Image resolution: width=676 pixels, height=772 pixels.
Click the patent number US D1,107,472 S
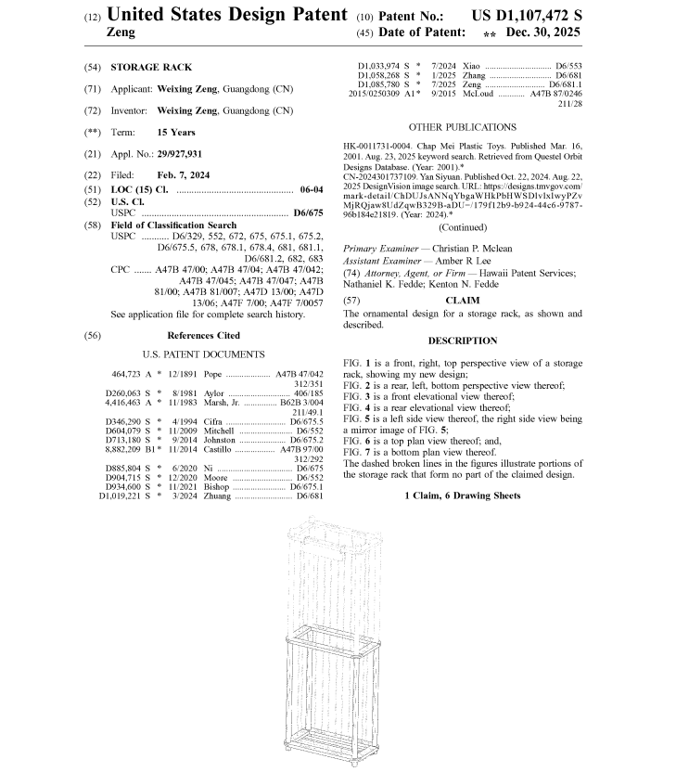(527, 17)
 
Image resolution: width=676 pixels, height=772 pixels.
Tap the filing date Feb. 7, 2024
(183, 174)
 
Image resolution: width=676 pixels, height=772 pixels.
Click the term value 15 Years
(176, 132)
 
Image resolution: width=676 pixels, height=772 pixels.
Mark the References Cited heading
(203, 335)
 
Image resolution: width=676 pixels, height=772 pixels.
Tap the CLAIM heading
(462, 301)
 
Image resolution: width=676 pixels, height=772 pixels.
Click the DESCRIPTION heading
(463, 341)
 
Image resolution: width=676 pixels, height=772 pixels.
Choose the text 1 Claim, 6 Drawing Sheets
(463, 496)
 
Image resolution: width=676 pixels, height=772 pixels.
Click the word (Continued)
(463, 226)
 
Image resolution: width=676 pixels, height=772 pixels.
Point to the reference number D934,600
(127, 486)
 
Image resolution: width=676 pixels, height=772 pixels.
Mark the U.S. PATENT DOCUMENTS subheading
(203, 354)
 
